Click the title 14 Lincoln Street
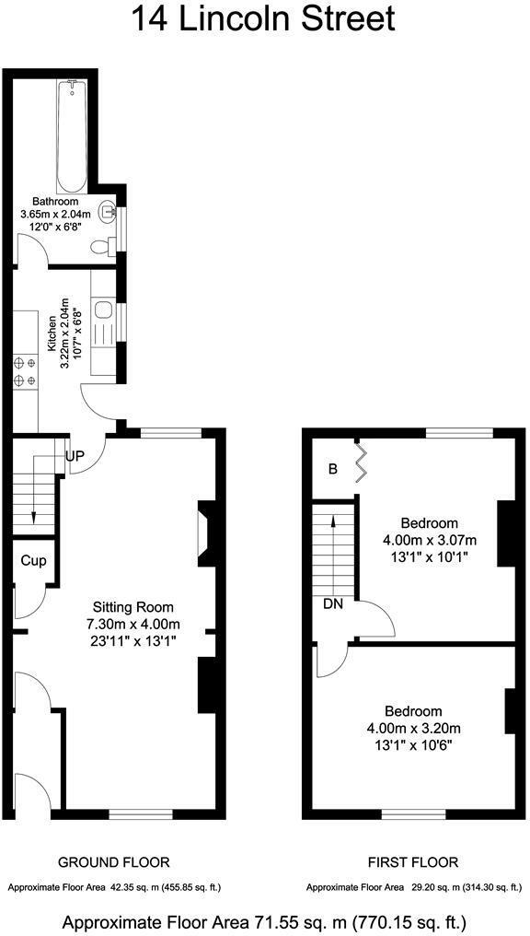coord(264,18)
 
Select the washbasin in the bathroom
coord(109,212)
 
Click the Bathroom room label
coord(55,201)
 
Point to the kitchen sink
coord(102,310)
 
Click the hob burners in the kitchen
coord(25,370)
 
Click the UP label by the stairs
coord(75,456)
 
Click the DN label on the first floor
coord(332,604)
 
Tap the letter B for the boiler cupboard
coord(333,468)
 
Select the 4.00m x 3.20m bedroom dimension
coord(413,728)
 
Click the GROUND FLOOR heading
coord(114,862)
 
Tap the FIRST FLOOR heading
coord(413,862)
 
